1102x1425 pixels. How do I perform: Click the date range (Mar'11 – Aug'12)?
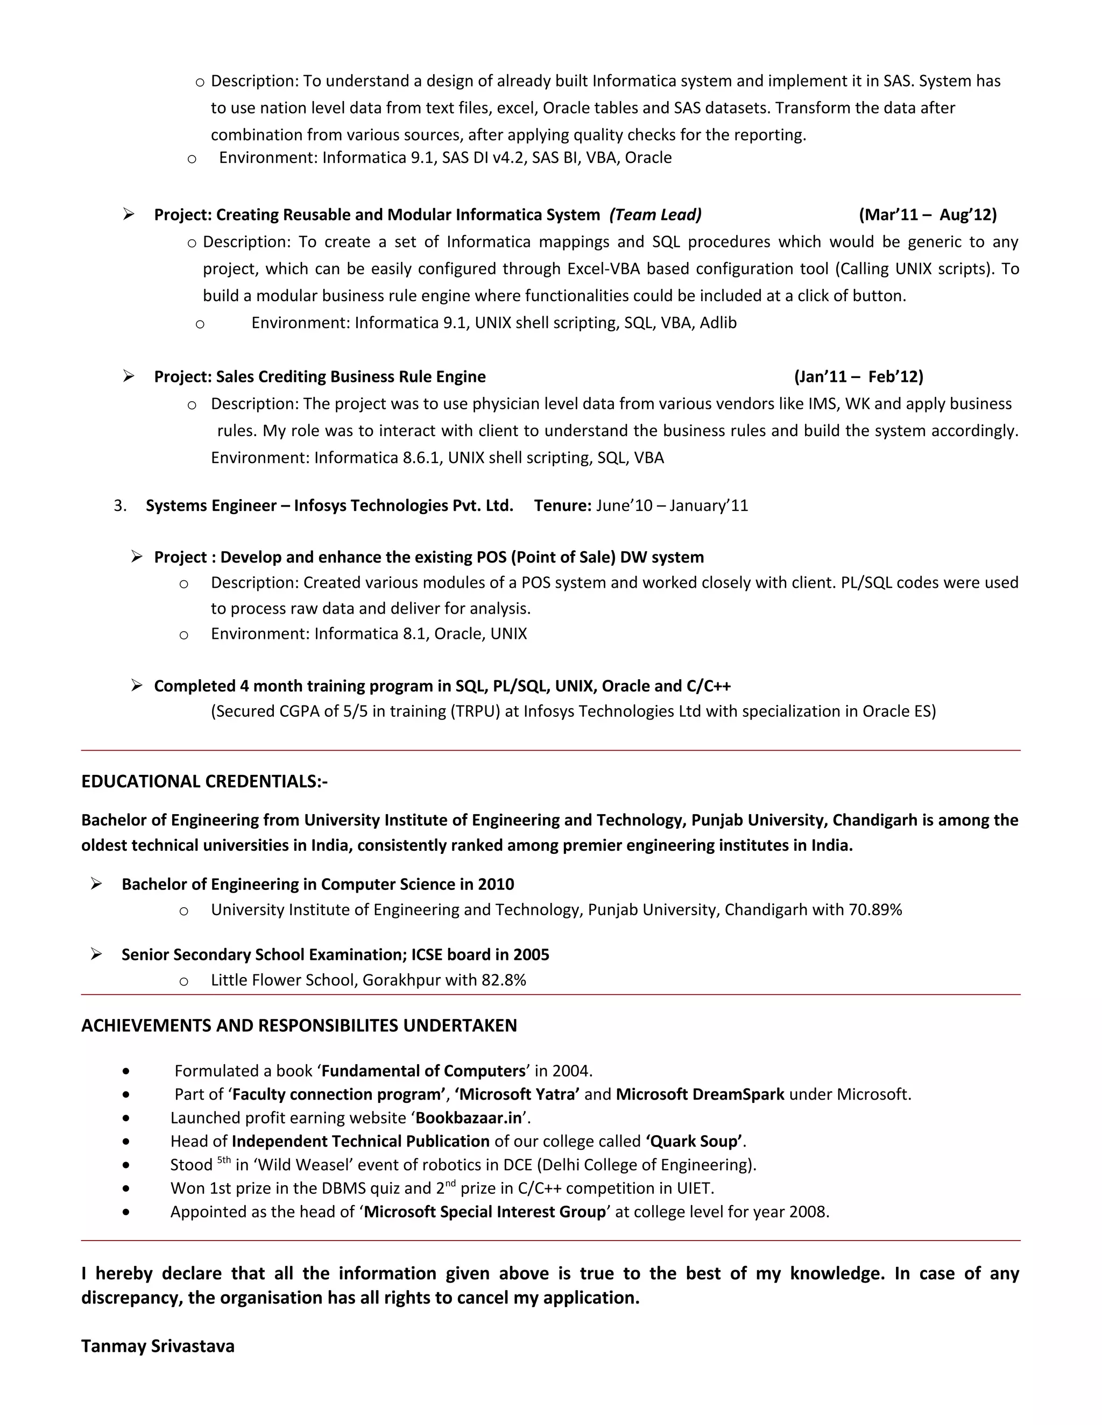928,215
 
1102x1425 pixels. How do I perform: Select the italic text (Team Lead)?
655,215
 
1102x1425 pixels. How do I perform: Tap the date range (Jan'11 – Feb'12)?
858,376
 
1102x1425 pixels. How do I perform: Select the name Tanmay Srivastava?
157,1346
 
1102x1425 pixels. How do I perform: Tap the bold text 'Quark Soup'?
694,1141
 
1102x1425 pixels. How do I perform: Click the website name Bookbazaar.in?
469,1118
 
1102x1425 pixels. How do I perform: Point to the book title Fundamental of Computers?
423,1071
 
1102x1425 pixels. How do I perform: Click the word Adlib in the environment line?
718,323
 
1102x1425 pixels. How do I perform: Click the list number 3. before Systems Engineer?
120,505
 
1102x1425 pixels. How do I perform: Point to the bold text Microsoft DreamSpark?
700,1094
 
